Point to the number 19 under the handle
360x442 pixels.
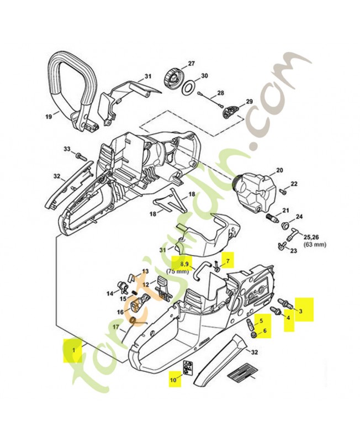pos(48,117)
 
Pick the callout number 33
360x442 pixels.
pos(67,149)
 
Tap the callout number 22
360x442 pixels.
pos(294,183)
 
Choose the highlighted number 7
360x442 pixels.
pos(226,257)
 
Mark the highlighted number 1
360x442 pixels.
pos(71,349)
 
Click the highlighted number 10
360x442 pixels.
pos(173,380)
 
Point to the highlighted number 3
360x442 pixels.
pos(301,311)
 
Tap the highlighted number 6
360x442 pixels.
pos(264,332)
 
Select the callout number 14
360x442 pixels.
pos(110,293)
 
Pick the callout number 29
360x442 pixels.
pos(249,101)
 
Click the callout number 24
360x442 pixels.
pos(299,217)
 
